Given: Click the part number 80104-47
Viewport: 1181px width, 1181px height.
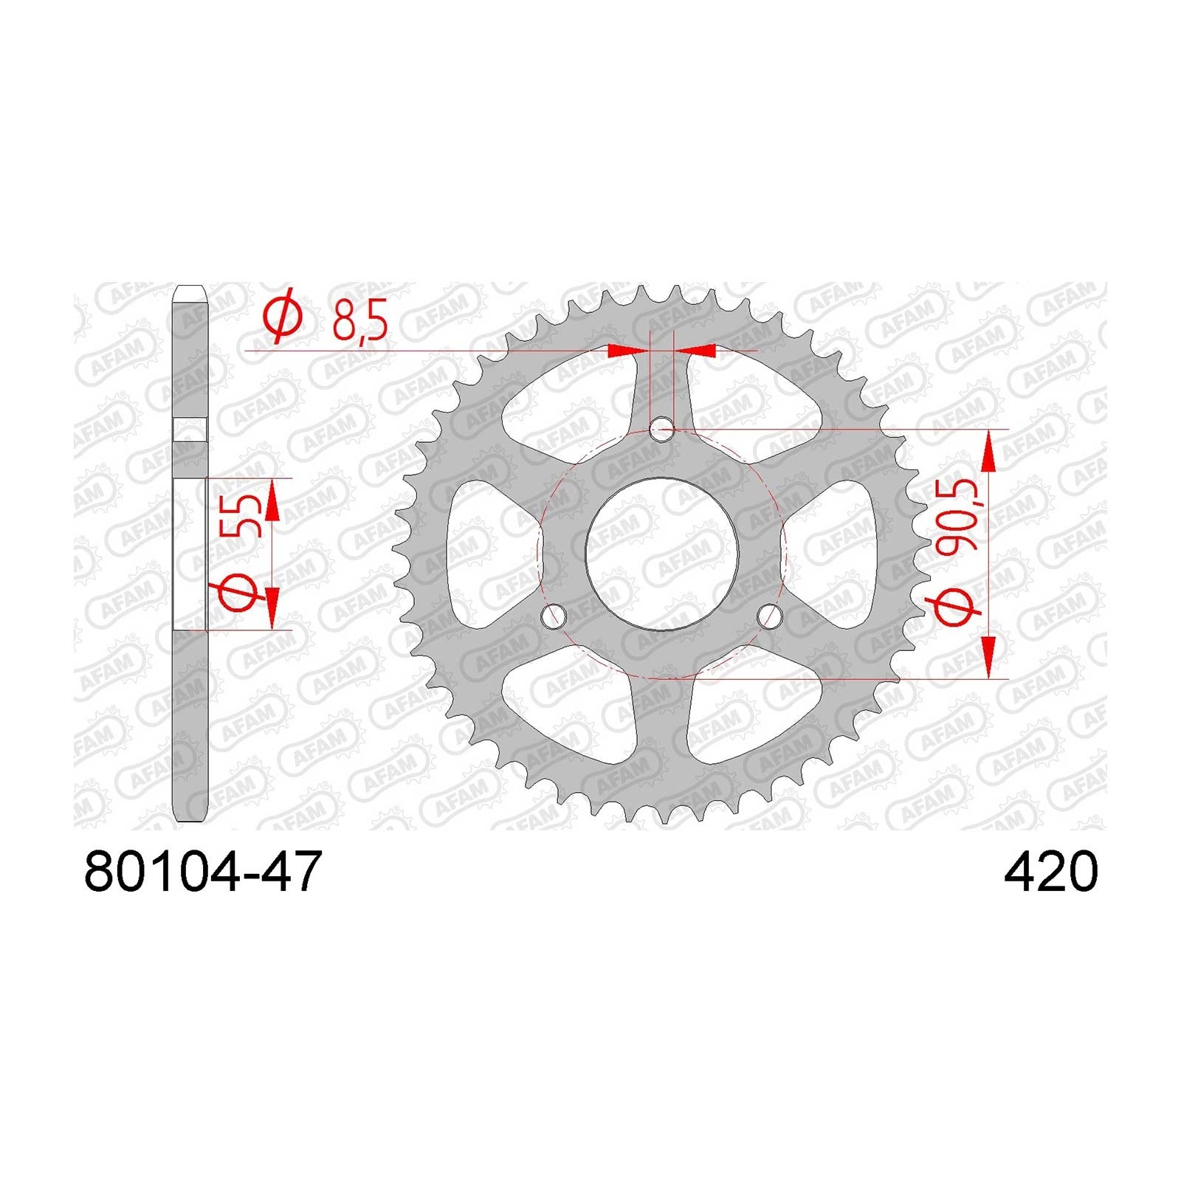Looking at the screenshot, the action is point(204,872).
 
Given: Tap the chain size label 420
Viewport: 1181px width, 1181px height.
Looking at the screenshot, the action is point(1051,872).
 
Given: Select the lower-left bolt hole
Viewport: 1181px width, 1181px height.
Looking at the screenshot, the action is point(554,615).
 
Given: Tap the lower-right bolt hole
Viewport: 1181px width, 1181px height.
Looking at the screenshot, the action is point(769,615).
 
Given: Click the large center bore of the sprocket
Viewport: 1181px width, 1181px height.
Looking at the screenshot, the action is point(661,553).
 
